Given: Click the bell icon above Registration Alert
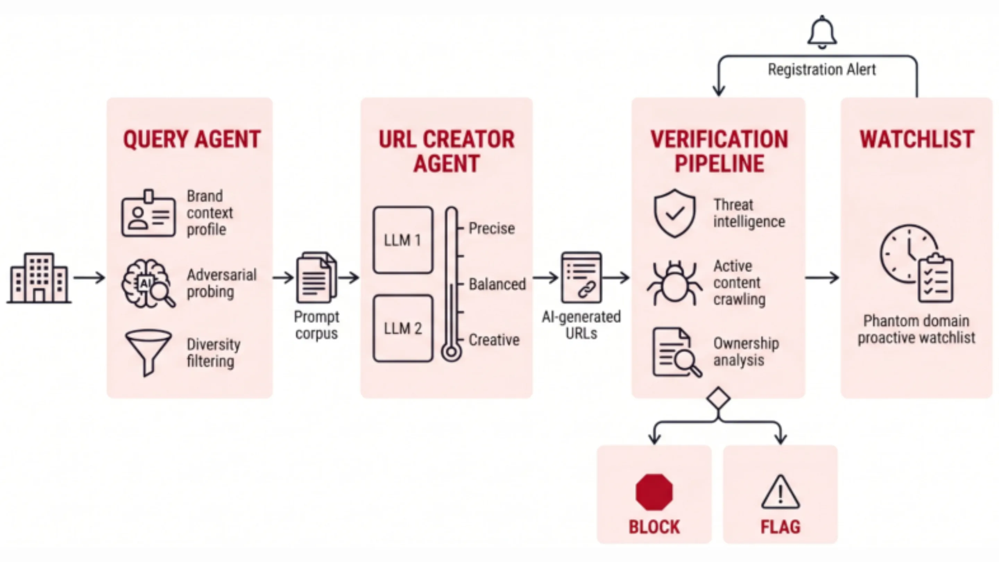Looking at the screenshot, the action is point(822,32).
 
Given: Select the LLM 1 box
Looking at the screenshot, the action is point(403,240).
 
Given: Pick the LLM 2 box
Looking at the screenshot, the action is point(403,328).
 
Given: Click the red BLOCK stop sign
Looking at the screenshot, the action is point(654,492).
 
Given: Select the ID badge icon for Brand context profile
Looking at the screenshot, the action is point(148,213).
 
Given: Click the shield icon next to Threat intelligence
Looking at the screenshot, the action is point(675,213).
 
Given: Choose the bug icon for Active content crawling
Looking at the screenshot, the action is point(674,282).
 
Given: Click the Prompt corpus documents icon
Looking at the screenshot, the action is point(316,277).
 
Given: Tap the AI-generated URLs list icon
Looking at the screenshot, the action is point(581,277).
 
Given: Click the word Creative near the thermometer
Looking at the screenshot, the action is point(494,340).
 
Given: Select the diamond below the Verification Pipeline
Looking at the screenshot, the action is point(719,399).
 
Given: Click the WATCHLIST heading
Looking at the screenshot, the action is point(917,139).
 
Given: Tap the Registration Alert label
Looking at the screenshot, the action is point(822,70).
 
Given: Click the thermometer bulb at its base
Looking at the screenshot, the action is point(451,352).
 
